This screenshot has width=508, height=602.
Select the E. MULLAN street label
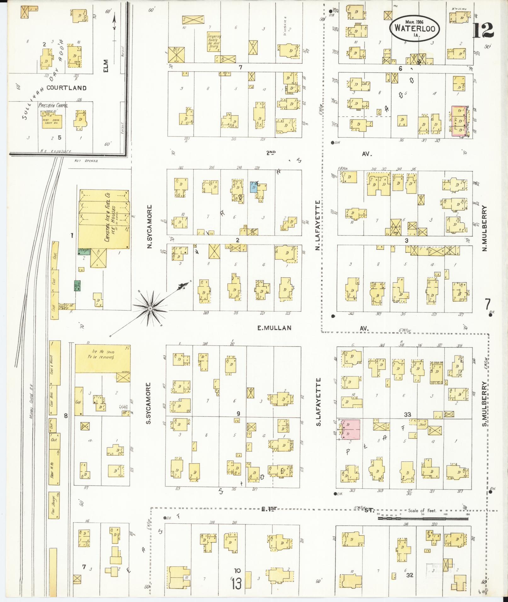(x=274, y=328)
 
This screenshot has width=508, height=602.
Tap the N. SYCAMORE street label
(x=150, y=227)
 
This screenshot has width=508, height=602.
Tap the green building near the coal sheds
(x=77, y=285)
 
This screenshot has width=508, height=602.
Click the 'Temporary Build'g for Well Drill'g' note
(x=214, y=42)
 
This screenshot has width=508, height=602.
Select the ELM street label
(x=106, y=66)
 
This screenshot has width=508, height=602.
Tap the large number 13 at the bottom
(x=236, y=584)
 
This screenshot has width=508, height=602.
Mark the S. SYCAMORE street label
(x=149, y=403)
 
